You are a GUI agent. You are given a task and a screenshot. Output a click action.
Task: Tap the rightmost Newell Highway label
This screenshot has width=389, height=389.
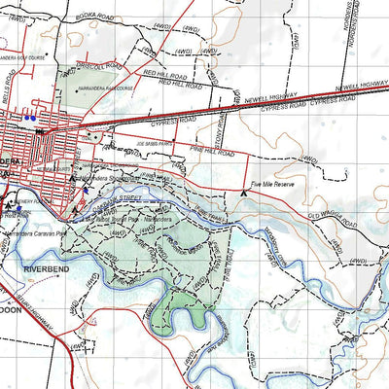356,88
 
